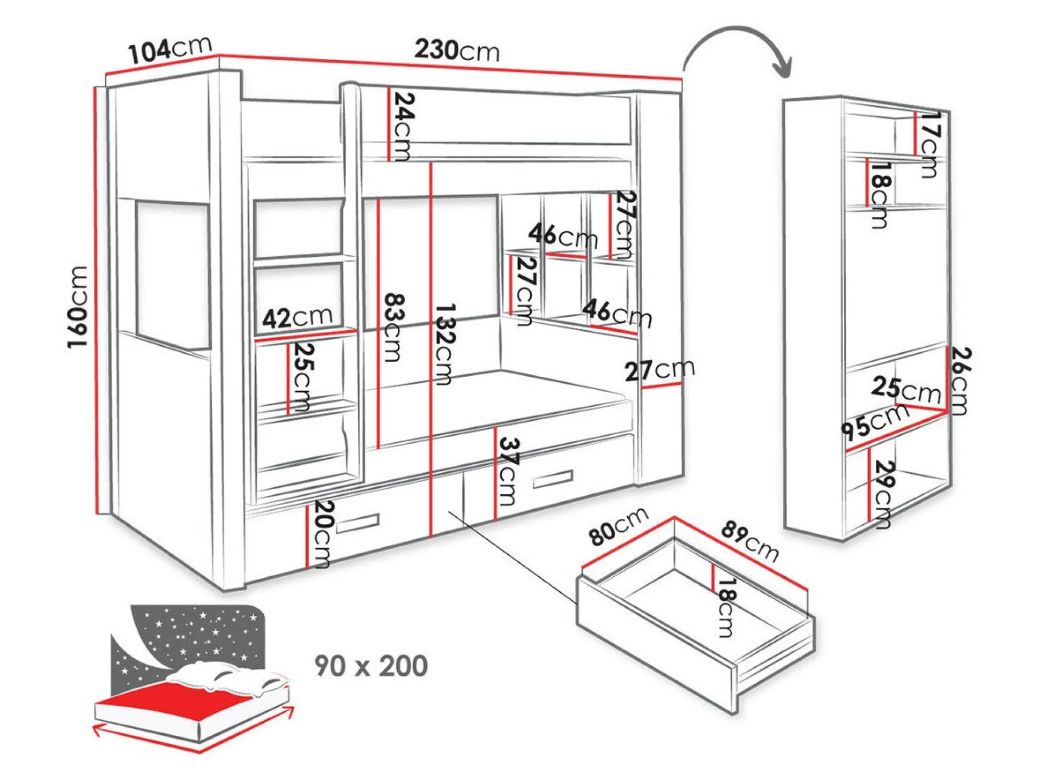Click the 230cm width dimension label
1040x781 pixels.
457,50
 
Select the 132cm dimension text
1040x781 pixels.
444,344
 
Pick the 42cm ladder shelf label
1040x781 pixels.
297,317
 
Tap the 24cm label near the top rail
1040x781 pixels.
404,127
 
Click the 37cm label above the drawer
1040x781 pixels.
509,471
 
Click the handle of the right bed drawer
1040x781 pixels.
552,479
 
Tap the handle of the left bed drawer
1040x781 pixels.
358,523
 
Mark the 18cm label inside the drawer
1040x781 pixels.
726,607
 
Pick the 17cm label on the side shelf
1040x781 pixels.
930,144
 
